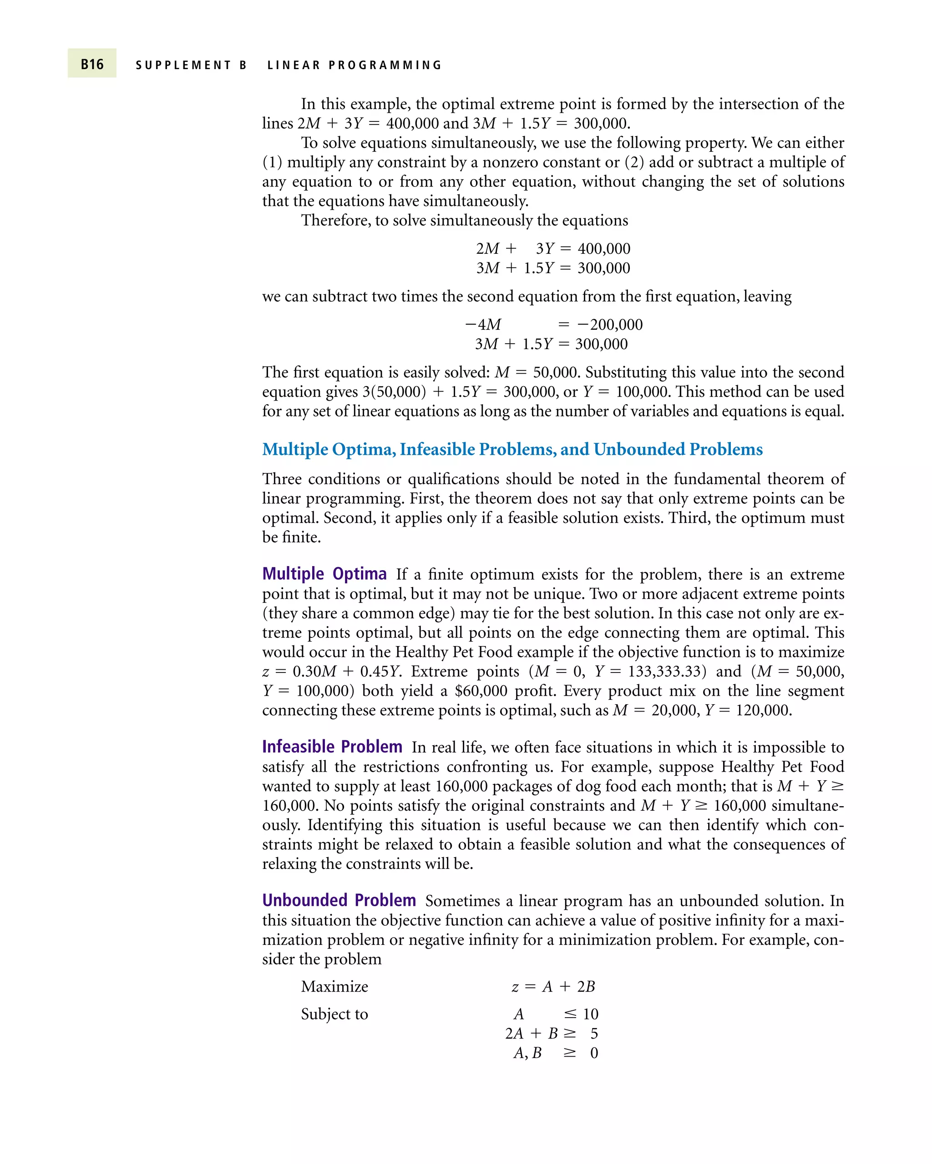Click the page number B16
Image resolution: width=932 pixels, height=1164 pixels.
tap(92, 64)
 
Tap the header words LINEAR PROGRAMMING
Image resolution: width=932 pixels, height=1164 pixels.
tap(355, 65)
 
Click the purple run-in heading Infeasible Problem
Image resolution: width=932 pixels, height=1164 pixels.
tap(332, 747)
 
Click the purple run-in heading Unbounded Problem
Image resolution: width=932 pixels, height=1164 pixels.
tap(339, 900)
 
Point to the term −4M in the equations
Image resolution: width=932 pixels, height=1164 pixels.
tap(483, 325)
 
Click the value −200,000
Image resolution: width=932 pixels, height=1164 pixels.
tap(609, 325)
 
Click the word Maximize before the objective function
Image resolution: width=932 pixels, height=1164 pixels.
tap(334, 986)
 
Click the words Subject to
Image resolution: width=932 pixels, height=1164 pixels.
tap(334, 1014)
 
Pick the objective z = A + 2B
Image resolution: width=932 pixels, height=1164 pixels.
tap(553, 986)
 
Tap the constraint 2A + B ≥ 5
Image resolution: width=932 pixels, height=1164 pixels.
tap(551, 1034)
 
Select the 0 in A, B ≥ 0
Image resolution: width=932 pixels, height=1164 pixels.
tap(594, 1053)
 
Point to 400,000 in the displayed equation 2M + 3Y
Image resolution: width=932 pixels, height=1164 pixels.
tap(603, 248)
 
